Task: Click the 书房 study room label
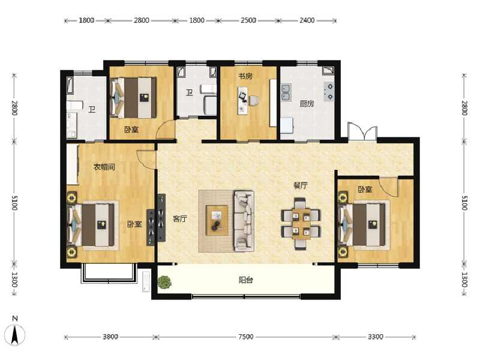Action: [x=244, y=76]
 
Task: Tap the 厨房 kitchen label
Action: [x=307, y=104]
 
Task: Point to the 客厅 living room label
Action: [x=180, y=219]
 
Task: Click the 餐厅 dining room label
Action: [x=300, y=185]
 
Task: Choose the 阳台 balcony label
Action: [x=245, y=280]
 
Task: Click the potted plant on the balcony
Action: [x=164, y=280]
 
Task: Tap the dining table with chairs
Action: [x=301, y=223]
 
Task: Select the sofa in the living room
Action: [x=244, y=220]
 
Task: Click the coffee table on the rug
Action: [x=217, y=220]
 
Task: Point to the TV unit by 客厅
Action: [x=160, y=218]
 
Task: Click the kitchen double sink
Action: [x=286, y=92]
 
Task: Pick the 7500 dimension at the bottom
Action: [x=245, y=337]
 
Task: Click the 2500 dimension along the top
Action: [x=248, y=20]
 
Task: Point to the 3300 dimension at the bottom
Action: [x=375, y=337]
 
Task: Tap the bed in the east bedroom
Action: [x=365, y=224]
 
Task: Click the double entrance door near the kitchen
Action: [x=362, y=133]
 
